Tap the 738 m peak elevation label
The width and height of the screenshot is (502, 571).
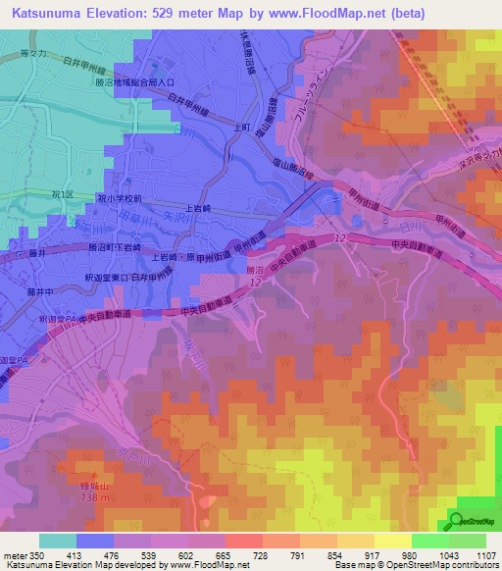coord(83,499)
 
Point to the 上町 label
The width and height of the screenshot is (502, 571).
coord(244,128)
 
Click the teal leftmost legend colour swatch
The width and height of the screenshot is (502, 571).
coord(58,542)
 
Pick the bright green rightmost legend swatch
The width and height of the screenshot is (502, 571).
coord(468,542)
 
